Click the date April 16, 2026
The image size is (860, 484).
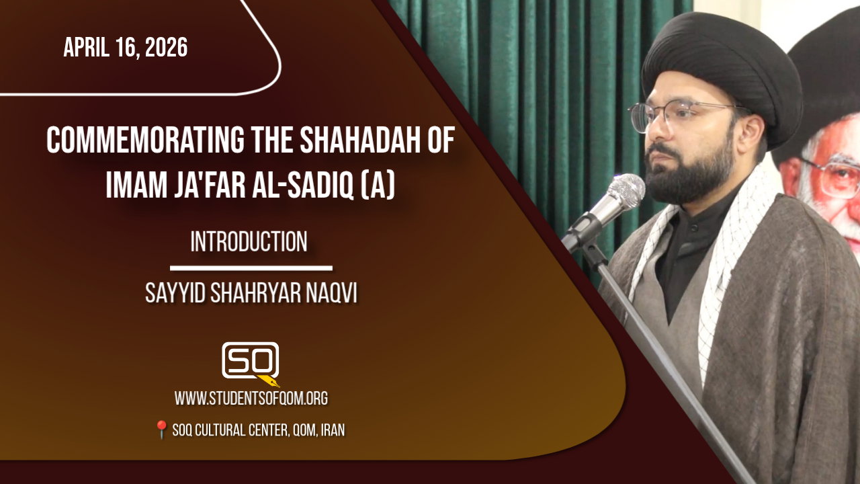[x=126, y=48]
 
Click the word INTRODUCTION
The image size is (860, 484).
[x=249, y=241]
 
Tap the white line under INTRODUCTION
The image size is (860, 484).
[x=251, y=268]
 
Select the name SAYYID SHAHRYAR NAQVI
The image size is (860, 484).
[x=251, y=294]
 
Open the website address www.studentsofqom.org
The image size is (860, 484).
[x=251, y=399]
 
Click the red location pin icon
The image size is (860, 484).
[x=161, y=429]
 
